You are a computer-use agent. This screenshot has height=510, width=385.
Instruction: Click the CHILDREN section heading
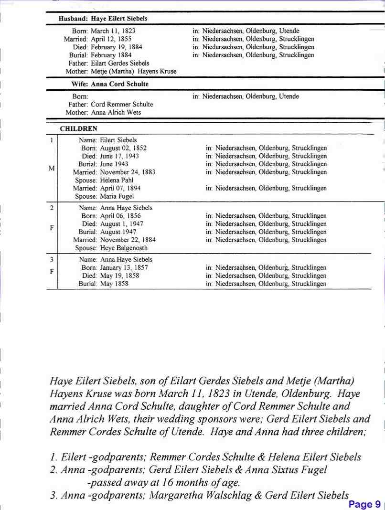tap(78, 129)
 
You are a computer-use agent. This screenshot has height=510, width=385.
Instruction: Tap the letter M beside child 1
tap(51, 168)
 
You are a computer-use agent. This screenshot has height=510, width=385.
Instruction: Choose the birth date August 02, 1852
tap(120, 148)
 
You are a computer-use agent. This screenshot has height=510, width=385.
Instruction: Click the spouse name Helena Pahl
tap(117, 180)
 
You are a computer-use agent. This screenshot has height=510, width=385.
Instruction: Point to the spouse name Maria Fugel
tap(117, 196)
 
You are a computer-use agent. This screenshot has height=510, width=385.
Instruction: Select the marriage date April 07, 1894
tap(120, 188)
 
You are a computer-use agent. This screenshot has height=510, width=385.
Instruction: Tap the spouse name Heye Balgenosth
tap(124, 248)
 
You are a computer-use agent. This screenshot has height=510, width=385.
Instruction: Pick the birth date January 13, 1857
tap(124, 268)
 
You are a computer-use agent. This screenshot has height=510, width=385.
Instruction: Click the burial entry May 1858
tap(114, 284)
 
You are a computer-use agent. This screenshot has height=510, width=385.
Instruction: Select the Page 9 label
tap(364, 504)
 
